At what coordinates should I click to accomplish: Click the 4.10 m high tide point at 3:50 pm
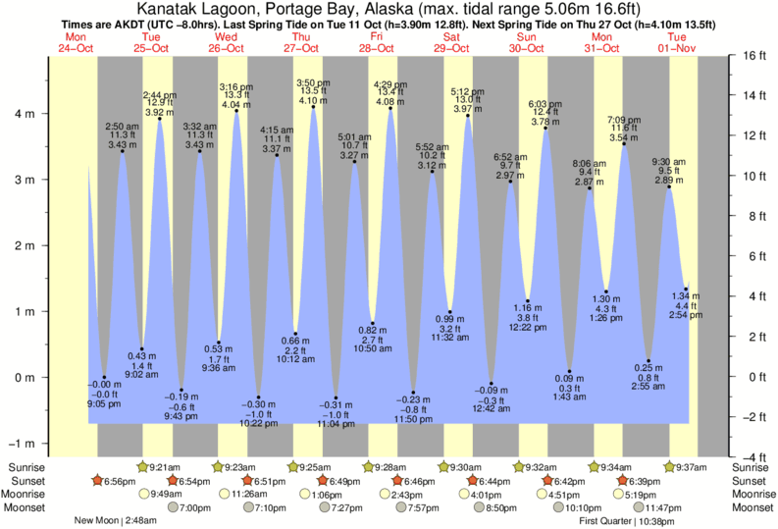[x=314, y=107]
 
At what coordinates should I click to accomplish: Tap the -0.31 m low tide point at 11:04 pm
[x=336, y=397]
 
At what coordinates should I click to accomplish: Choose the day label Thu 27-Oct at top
[x=301, y=42]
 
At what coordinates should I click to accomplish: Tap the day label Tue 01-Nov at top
[x=675, y=42]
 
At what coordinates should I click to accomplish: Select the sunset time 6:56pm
[x=119, y=481]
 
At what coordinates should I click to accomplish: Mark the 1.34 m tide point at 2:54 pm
[x=686, y=289]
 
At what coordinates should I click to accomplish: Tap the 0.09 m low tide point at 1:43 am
[x=569, y=371]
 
